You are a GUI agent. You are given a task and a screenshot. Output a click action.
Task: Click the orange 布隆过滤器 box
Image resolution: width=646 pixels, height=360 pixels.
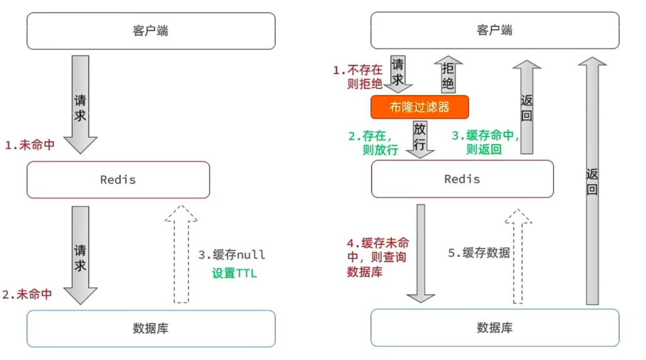[420, 107]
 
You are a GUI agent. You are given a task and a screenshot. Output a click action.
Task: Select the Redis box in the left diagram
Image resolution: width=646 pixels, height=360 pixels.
[118, 180]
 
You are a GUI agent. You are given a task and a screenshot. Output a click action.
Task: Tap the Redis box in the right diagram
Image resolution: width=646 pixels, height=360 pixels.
[462, 179]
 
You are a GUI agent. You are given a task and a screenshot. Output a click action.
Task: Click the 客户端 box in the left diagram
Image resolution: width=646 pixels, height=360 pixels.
[151, 31]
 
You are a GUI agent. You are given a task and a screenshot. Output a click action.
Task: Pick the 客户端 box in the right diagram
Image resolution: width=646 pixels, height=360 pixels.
[495, 31]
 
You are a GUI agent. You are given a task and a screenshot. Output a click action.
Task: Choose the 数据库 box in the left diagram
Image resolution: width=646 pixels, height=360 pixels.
[151, 328]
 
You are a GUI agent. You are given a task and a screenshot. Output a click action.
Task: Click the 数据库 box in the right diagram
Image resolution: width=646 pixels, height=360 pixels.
[495, 328]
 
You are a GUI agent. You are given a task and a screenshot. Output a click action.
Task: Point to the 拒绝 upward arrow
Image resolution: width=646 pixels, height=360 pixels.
[448, 74]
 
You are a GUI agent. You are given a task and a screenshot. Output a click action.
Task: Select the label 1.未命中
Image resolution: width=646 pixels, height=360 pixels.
[30, 145]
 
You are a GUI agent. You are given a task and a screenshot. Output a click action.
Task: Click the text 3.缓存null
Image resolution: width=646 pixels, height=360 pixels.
[232, 255]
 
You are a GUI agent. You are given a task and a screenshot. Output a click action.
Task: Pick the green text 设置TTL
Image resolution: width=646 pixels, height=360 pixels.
[234, 274]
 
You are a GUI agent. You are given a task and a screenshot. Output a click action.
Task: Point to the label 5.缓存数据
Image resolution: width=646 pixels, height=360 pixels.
[479, 253]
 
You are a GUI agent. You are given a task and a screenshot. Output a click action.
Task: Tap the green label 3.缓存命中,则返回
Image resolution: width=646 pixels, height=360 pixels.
[485, 142]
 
